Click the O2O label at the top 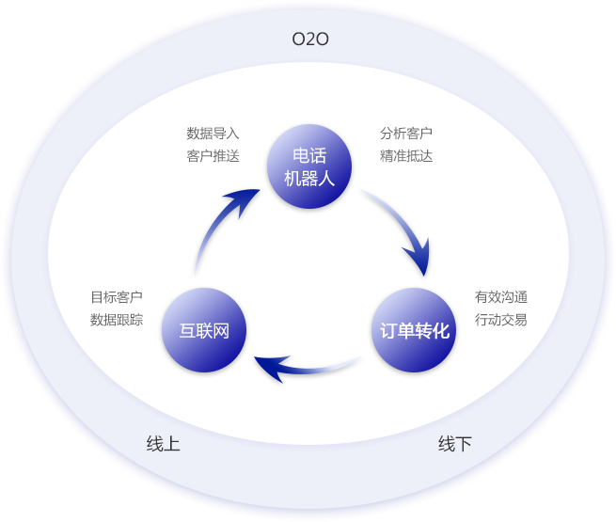coord(310,40)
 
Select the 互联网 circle coord(204,330)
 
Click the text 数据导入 coord(213,134)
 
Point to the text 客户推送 coord(213,156)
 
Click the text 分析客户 coord(406,134)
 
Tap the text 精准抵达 coord(406,156)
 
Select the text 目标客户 coord(117,297)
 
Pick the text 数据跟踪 coord(117,320)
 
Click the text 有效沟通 coord(501,297)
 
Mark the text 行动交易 coord(501,320)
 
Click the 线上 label coord(163,444)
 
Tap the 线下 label coord(455,444)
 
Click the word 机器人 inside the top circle coord(309,178)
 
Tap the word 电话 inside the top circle coord(309,155)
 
